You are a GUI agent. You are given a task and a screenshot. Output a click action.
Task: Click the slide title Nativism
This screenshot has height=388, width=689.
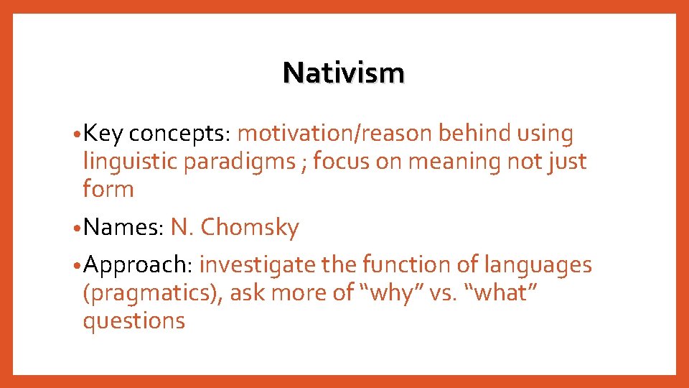click(x=343, y=73)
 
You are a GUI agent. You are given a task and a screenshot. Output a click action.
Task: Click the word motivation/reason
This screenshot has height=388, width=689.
click(x=334, y=134)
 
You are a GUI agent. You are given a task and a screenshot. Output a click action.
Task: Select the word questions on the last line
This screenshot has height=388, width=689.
click(x=134, y=321)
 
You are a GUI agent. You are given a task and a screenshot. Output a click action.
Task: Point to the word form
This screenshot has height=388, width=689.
click(x=108, y=190)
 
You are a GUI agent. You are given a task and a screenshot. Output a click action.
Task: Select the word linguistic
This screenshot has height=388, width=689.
click(x=131, y=162)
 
